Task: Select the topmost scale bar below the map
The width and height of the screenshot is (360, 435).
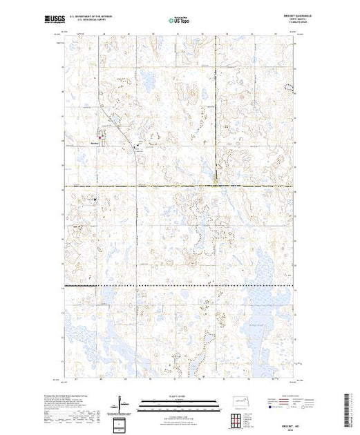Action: pos(179,401)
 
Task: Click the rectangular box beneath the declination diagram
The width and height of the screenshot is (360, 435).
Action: pos(121,422)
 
